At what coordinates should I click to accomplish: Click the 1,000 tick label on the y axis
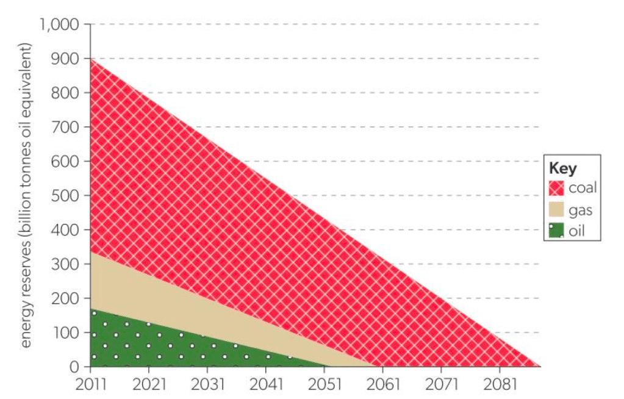point(60,25)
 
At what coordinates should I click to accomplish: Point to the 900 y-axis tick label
point(68,59)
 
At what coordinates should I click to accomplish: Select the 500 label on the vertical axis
point(68,196)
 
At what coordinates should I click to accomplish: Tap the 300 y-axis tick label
point(68,264)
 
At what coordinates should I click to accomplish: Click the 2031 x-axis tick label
point(207,385)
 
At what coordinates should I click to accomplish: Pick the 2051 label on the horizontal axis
point(325,385)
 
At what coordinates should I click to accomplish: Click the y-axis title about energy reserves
point(26,195)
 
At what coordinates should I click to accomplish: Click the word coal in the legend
point(583,187)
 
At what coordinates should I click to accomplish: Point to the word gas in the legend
point(580,210)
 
